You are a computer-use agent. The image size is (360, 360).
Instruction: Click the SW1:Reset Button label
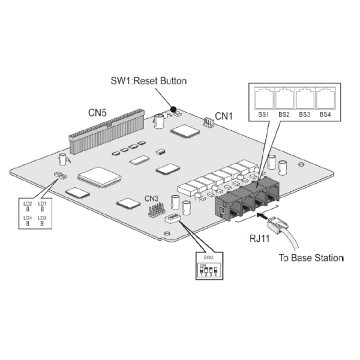[149, 82]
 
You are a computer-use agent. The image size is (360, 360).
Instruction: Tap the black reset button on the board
[173, 109]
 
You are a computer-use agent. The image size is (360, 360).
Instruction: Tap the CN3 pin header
[157, 210]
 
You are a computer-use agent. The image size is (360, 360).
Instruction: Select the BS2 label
[284, 114]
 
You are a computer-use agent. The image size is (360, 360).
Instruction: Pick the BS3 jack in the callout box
[304, 98]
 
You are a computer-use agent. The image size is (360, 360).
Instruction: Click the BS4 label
[325, 114]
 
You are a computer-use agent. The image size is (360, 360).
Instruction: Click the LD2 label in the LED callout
[28, 203]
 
